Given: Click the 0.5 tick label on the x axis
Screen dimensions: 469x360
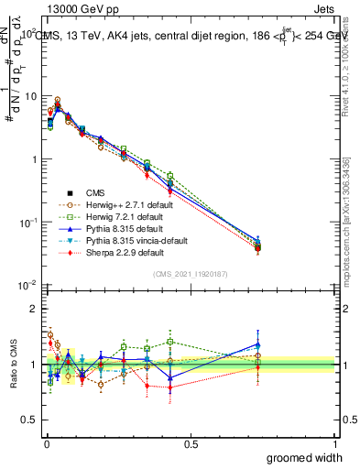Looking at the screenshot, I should (x=190, y=444).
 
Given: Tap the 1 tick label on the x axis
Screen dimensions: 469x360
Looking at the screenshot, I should (x=335, y=444).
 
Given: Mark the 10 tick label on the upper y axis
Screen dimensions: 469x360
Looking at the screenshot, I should (x=28, y=96).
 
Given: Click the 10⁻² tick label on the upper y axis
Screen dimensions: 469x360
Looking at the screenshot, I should (x=27, y=286).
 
